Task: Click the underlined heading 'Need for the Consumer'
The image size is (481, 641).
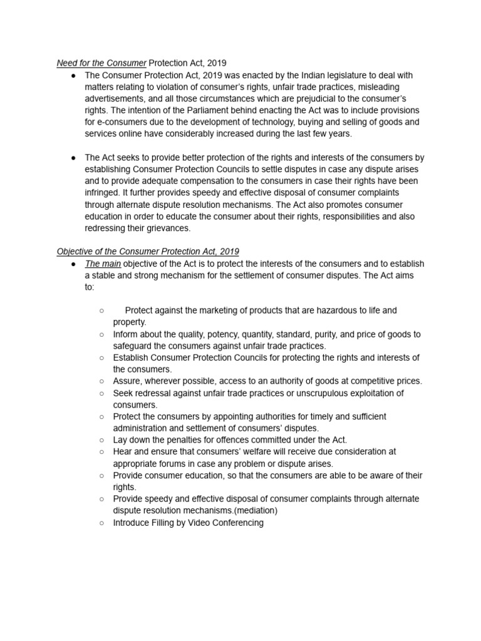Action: (x=101, y=63)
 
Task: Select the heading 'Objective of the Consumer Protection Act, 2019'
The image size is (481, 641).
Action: (x=148, y=252)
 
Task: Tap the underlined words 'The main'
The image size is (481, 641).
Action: (x=103, y=264)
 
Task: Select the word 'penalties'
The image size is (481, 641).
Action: (x=189, y=440)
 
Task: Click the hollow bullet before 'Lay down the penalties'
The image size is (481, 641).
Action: (x=101, y=440)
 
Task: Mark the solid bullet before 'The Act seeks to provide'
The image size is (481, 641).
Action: (x=73, y=158)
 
